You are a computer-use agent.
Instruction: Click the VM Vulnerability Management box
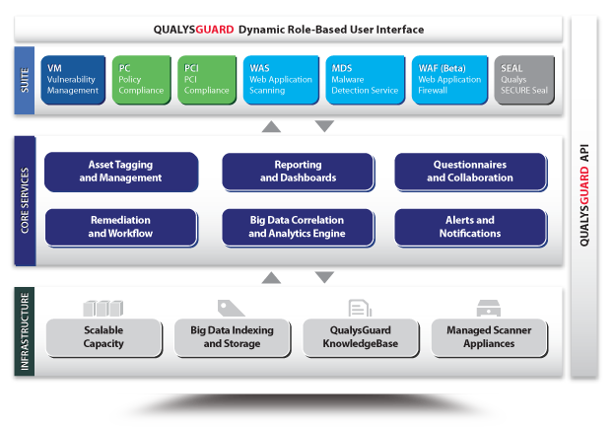(x=73, y=80)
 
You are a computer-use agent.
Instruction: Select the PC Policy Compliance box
(x=142, y=80)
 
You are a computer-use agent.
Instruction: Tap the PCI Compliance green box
(x=207, y=80)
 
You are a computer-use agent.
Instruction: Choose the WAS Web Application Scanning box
(x=281, y=80)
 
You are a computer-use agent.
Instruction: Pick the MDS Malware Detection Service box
(x=366, y=80)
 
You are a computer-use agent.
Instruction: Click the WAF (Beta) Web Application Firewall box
(x=450, y=80)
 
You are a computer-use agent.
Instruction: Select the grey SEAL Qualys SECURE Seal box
(x=524, y=80)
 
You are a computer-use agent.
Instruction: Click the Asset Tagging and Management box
(x=121, y=172)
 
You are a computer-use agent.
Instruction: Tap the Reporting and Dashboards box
(x=299, y=172)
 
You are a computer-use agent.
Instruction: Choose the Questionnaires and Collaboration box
(x=471, y=172)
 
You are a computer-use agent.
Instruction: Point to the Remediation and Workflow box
(x=121, y=228)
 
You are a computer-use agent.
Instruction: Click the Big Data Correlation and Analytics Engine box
(x=299, y=228)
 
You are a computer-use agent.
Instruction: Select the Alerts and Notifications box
(x=471, y=228)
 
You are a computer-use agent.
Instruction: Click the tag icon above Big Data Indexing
(x=231, y=309)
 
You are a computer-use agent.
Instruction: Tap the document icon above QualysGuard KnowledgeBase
(x=360, y=309)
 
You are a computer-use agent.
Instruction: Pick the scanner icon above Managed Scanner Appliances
(x=489, y=309)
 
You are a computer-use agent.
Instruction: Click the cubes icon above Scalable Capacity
(x=103, y=309)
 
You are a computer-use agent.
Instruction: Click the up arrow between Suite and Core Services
(x=271, y=126)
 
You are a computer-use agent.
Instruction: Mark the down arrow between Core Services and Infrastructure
(x=324, y=277)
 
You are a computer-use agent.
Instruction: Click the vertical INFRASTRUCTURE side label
(x=25, y=331)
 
